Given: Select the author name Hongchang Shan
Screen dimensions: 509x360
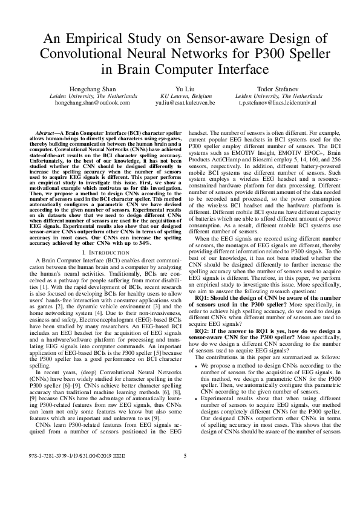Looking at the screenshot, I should [x=93, y=89].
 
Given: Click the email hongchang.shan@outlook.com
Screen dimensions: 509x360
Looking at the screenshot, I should [x=93, y=103].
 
